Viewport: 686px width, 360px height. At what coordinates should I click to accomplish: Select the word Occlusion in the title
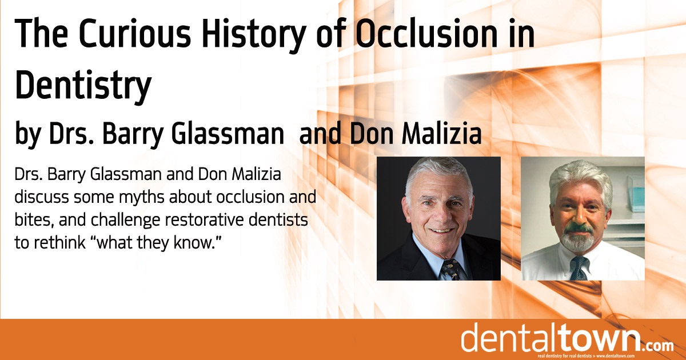[427, 33]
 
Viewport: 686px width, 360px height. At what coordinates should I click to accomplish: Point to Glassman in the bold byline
[228, 134]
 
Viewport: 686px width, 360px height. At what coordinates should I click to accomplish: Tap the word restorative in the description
[200, 220]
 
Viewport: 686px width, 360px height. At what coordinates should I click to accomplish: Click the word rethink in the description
[59, 242]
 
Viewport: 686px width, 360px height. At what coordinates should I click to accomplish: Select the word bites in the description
[34, 221]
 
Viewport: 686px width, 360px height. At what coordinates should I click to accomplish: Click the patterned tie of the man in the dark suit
[451, 269]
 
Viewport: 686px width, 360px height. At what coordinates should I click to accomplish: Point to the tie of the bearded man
[579, 269]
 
